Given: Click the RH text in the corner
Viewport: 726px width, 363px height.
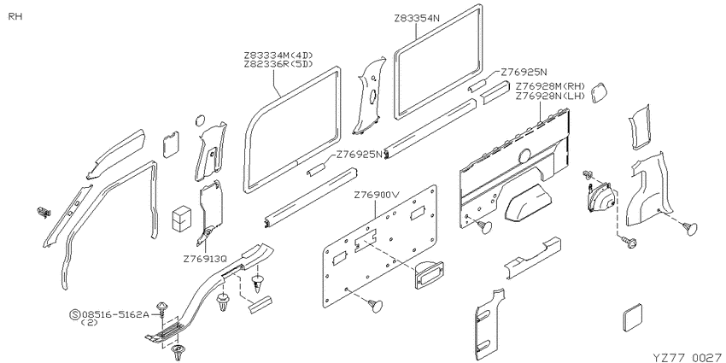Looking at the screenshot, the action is [x=15, y=17].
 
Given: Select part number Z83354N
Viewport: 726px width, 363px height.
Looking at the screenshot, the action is [x=417, y=19].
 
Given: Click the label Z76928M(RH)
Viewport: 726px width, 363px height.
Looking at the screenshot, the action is [x=551, y=86].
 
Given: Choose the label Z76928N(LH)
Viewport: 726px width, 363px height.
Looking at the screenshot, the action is [x=551, y=96].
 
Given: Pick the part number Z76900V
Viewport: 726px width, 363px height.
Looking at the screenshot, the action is [x=376, y=195].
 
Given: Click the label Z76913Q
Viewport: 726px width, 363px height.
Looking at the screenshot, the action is [x=205, y=259].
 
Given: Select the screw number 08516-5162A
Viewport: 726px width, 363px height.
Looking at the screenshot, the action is [x=115, y=315].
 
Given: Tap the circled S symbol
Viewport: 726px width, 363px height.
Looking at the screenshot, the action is [x=74, y=315].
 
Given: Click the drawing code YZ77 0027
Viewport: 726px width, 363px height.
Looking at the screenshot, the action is [x=687, y=357].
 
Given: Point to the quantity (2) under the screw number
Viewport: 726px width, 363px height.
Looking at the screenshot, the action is [x=90, y=323].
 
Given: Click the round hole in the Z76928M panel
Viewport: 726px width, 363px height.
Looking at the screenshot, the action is [x=524, y=156].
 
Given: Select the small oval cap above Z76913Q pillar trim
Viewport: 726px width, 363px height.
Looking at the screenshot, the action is [x=201, y=120].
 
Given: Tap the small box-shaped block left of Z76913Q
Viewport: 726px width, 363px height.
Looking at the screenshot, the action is [x=181, y=218].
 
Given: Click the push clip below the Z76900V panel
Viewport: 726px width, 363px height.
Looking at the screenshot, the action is [x=376, y=305].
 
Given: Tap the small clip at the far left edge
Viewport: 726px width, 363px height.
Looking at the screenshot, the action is [x=44, y=213].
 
